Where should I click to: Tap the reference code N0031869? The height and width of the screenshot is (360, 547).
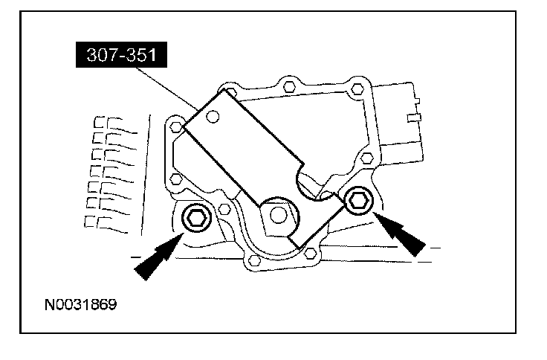[81, 304]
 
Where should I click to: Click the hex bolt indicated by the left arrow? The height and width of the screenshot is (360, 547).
[197, 217]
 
